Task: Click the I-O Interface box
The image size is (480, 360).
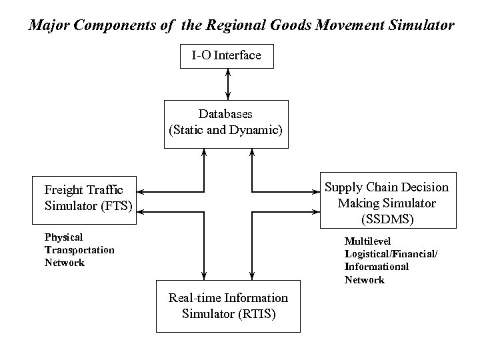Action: coord(227,55)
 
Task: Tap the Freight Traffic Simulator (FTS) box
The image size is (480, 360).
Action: coord(84,198)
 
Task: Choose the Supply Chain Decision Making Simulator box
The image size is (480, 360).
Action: coord(387,202)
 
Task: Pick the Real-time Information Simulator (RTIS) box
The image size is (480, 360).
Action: coord(228,306)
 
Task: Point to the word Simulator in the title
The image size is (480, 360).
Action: coord(420,26)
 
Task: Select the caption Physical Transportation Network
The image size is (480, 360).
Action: coord(79,250)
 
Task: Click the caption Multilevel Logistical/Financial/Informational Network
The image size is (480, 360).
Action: coord(391,260)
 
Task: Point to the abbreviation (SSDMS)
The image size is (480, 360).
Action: coord(387,218)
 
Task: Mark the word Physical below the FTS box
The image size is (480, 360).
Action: coord(63,237)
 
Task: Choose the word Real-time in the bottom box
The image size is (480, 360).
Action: coord(195,298)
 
